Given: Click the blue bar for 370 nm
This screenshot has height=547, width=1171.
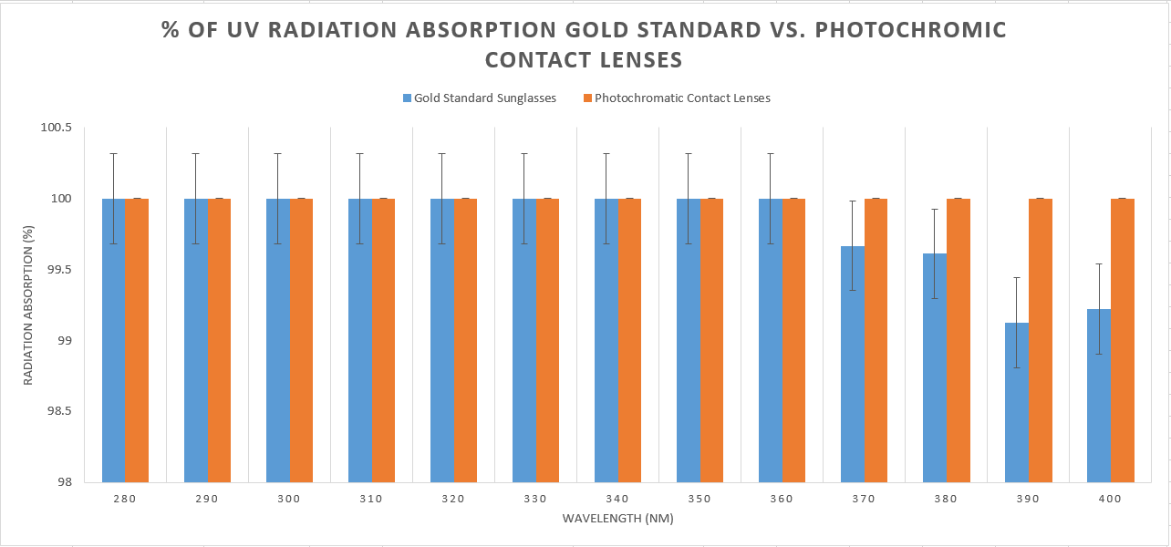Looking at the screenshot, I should coord(852,365).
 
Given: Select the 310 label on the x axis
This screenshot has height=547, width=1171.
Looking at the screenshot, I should coord(371,499).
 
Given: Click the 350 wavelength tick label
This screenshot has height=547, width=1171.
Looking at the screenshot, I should coord(699,499).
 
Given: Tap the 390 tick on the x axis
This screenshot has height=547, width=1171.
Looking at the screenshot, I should coord(1028,499).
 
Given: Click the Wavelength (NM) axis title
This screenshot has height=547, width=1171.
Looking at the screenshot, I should coord(617,519).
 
